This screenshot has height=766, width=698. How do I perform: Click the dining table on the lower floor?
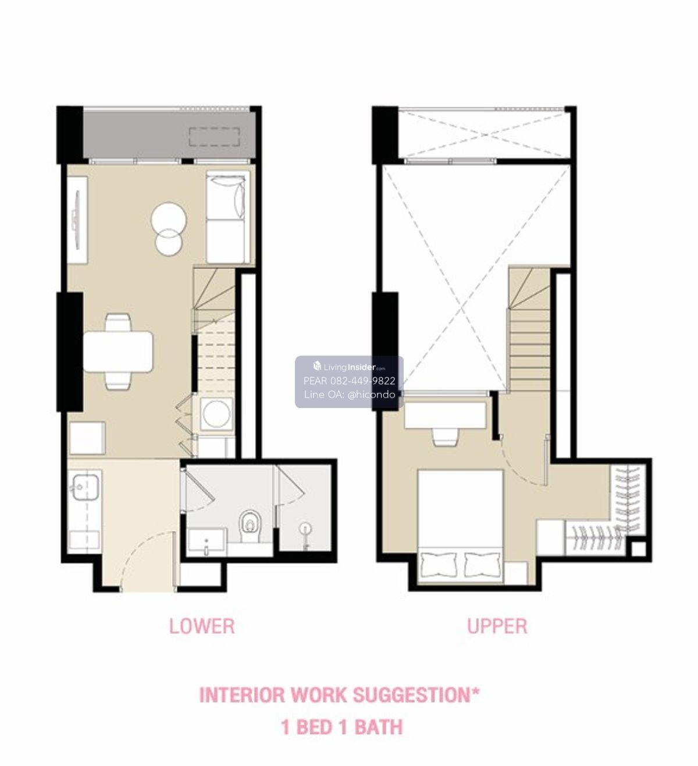(118, 352)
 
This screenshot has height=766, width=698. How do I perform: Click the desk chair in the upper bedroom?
(444, 437)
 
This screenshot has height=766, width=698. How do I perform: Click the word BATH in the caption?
(379, 728)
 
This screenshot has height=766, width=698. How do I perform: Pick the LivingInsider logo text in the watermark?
(349, 367)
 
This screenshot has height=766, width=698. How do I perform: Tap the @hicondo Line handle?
(371, 395)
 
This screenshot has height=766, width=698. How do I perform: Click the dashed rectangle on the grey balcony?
(215, 137)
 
